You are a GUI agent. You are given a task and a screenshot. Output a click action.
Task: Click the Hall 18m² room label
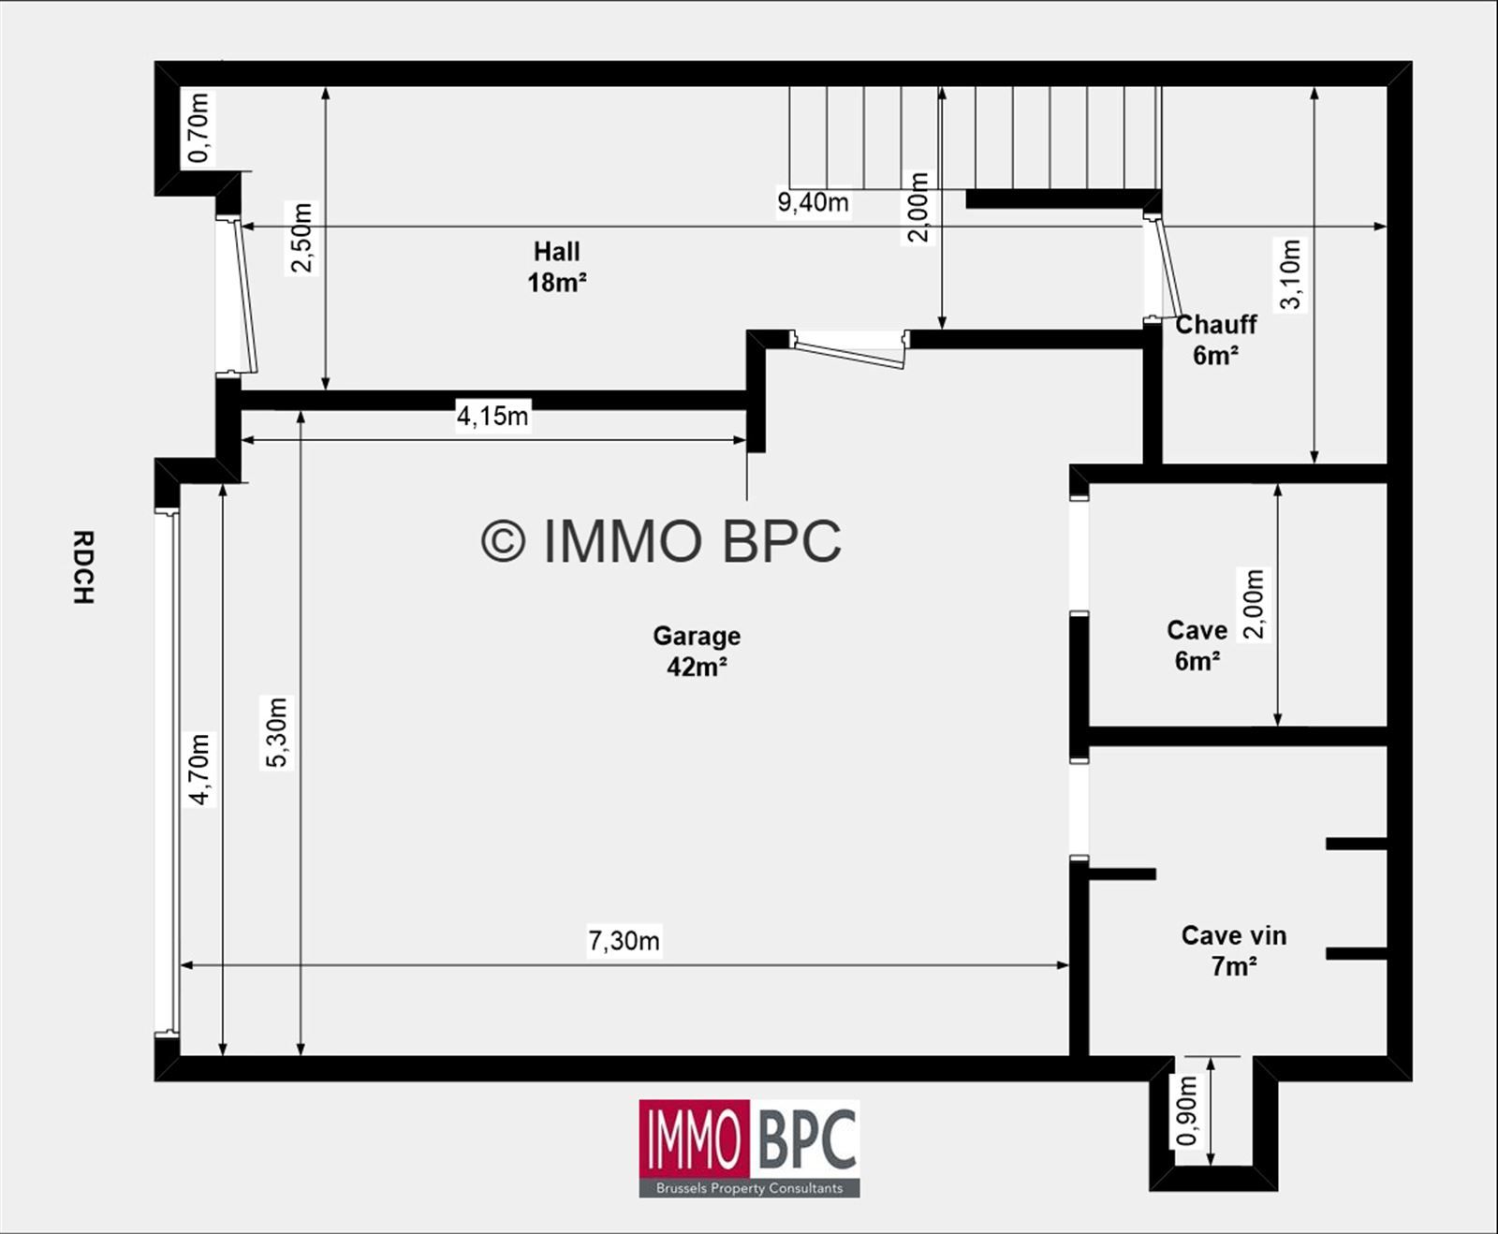[557, 267]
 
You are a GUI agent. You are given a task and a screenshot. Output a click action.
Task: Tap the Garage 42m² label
[697, 651]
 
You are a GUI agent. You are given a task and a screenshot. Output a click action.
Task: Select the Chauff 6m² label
[1216, 340]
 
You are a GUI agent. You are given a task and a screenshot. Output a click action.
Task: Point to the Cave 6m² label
[1197, 645]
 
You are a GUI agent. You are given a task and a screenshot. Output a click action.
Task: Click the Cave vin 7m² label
[1234, 950]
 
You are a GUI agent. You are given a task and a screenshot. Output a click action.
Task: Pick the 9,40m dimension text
[813, 202]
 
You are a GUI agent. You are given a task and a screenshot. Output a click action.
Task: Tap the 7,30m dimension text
[624, 940]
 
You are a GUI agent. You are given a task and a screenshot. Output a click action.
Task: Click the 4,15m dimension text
[492, 416]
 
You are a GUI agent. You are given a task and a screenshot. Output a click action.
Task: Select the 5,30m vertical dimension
[277, 732]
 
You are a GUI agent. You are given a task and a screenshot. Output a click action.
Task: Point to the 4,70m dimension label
[199, 769]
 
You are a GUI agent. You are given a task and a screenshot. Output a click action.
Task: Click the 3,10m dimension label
[1290, 273]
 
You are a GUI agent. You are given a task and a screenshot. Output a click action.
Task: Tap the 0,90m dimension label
[1186, 1110]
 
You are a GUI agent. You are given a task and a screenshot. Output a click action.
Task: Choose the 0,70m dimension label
[198, 128]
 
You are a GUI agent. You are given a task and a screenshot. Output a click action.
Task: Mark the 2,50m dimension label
[301, 238]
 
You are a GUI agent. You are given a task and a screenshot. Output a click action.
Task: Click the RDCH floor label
[83, 567]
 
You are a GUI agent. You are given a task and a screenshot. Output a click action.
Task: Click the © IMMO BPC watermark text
[661, 541]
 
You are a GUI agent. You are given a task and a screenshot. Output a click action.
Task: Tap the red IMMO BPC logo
[749, 1148]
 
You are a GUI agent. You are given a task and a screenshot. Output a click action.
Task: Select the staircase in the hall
[975, 139]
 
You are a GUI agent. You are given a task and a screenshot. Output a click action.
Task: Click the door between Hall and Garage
[850, 348]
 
